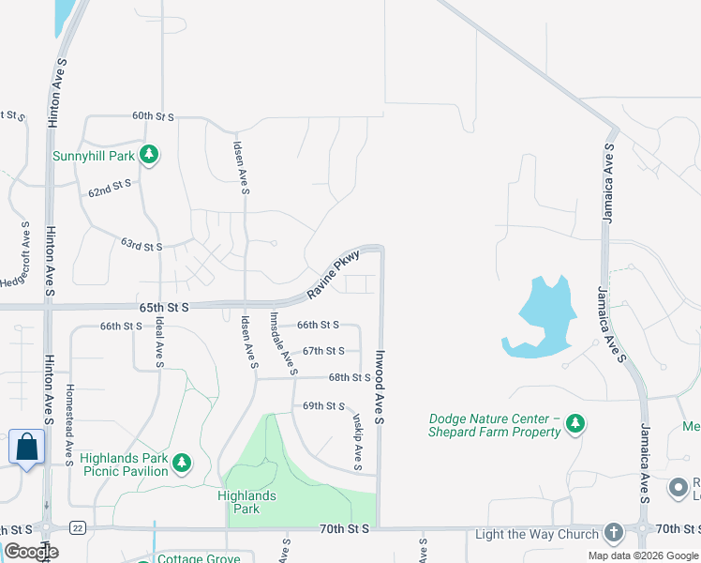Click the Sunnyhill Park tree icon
[148, 154]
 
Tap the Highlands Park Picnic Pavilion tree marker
[182, 462]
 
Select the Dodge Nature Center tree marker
[575, 425]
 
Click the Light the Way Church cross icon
[614, 533]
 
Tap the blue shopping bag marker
[27, 447]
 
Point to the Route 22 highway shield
[78, 529]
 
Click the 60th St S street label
[154, 116]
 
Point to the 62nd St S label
[111, 189]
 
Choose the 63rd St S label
[142, 246]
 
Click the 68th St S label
[350, 377]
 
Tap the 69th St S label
[323, 406]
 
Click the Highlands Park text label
[246, 502]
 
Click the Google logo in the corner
[32, 552]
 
